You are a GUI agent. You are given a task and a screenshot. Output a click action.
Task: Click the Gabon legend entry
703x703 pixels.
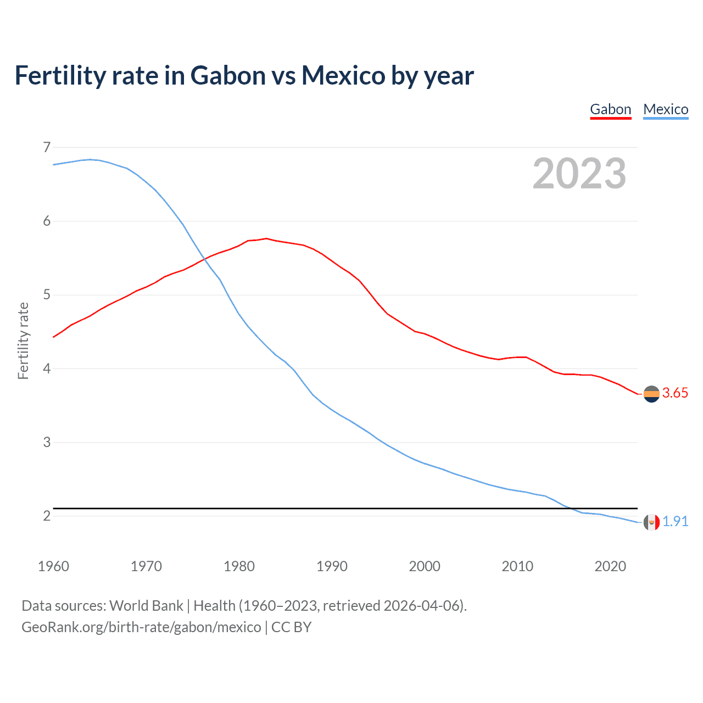[610, 109]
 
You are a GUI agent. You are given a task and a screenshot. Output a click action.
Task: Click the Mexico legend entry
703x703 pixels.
[666, 109]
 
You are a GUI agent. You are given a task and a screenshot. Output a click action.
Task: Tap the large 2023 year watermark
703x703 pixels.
[579, 174]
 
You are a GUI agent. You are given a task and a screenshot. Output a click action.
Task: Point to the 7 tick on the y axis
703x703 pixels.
[47, 147]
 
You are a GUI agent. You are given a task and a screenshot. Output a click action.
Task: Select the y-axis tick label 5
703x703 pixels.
[47, 295]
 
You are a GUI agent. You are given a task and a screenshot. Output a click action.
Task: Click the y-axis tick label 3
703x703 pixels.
[47, 442]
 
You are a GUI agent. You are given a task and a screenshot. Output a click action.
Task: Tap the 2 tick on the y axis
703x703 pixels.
[47, 516]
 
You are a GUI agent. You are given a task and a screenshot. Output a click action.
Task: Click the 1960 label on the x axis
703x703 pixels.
[53, 566]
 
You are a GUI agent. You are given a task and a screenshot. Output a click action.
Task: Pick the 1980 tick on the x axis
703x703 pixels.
[239, 566]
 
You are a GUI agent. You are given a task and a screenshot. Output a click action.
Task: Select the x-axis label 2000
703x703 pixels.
[425, 566]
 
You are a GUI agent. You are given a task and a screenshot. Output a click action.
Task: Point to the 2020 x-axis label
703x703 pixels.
[610, 566]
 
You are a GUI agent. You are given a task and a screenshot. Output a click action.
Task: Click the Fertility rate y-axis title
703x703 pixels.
[23, 341]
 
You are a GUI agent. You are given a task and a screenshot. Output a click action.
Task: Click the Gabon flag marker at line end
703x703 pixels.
[651, 394]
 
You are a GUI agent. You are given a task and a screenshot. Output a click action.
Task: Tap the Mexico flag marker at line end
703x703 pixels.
[651, 522]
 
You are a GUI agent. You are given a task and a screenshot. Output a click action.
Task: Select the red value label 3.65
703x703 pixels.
[675, 393]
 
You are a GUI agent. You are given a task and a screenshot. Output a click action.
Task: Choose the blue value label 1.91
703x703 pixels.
[675, 521]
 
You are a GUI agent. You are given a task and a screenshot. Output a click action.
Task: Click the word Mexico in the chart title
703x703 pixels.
[343, 75]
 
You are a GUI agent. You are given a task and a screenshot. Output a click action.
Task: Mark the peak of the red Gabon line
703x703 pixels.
[266, 238]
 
